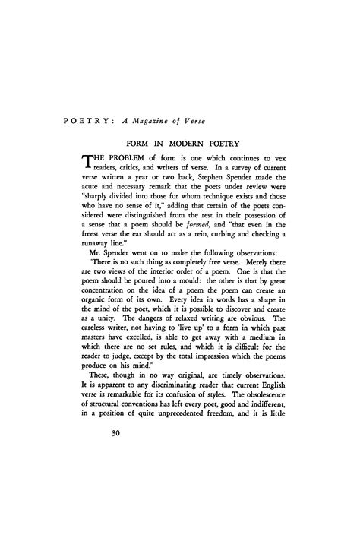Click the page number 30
(95, 435)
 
